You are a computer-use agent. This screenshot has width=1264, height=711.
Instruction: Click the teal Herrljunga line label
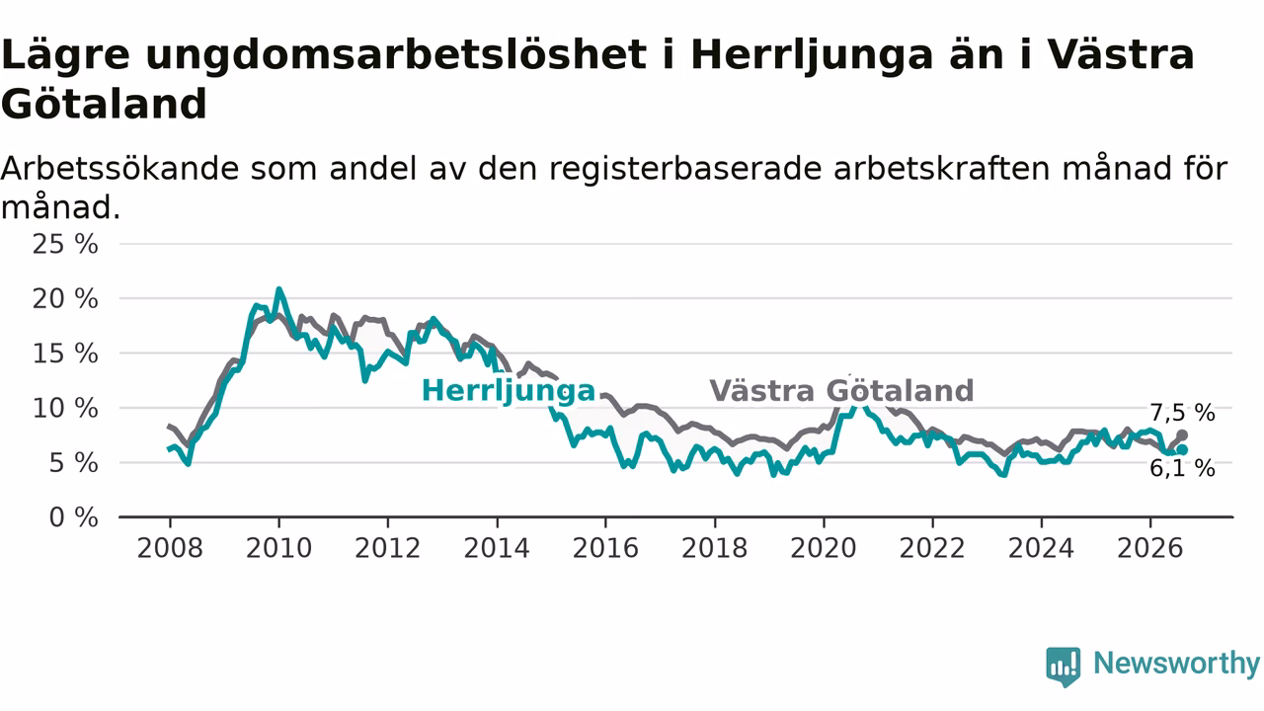[509, 391]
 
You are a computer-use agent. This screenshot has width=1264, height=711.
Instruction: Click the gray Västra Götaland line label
[841, 390]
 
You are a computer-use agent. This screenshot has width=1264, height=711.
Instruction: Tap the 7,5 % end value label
[1182, 413]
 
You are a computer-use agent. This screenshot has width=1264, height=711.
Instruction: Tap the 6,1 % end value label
[1182, 468]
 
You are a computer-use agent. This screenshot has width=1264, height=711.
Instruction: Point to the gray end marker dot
[1182, 435]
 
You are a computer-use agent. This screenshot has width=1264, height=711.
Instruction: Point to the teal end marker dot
[1182, 449]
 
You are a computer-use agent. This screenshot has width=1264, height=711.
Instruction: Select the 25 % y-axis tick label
[65, 244]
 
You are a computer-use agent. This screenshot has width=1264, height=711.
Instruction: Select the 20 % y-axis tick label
[65, 299]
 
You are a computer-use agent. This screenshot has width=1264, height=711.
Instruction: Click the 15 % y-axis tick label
[65, 354]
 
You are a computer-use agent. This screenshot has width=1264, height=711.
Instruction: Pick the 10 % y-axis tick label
[65, 409]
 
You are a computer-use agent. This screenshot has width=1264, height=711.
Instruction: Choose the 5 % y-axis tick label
[73, 463]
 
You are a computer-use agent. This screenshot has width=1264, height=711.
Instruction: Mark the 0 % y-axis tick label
[73, 517]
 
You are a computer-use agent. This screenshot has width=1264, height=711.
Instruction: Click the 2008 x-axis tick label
[170, 548]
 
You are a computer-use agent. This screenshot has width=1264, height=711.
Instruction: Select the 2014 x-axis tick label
[497, 548]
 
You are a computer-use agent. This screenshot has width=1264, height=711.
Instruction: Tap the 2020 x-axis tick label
[824, 548]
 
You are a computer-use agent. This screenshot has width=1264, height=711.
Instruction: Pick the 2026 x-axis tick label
[1150, 548]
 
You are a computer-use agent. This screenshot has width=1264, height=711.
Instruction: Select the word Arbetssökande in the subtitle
[120, 169]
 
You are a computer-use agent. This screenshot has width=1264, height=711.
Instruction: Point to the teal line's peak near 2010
[278, 289]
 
